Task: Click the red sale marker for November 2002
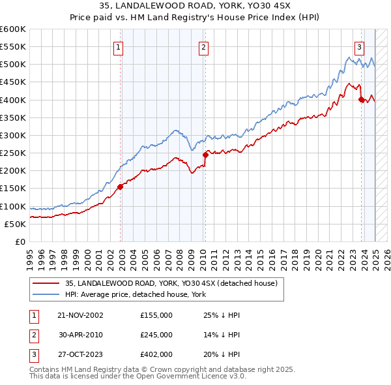(121, 186)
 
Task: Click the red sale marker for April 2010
(205, 155)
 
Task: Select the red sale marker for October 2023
(361, 99)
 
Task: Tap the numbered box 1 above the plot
(119, 46)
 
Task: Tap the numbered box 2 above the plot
(204, 46)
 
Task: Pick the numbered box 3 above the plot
(359, 46)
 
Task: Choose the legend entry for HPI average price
(136, 295)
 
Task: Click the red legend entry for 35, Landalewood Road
(171, 283)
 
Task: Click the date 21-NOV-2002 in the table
(80, 315)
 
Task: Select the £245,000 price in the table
(156, 335)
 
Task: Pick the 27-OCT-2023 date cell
(80, 355)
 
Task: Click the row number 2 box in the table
(32, 335)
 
